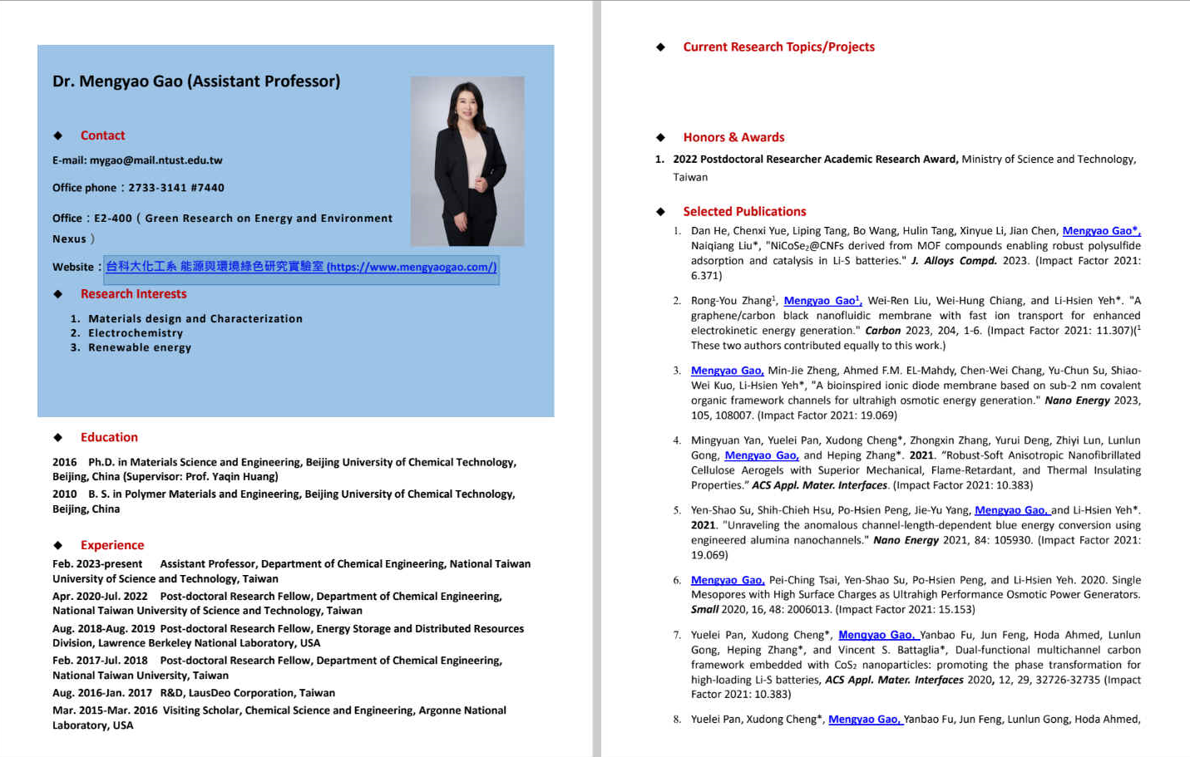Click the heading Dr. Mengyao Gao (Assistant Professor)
[196, 81]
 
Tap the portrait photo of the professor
[467, 161]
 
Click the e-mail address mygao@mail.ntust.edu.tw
[156, 160]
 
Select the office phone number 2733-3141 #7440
[176, 188]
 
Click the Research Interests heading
[133, 294]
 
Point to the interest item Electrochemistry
[136, 333]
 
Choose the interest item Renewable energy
[140, 347]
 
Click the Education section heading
[109, 437]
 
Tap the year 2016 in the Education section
[65, 462]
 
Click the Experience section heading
[112, 545]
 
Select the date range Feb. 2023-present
[97, 564]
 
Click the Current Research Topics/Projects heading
[778, 47]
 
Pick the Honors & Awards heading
[733, 137]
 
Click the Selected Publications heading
[744, 212]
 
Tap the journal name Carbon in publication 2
[882, 331]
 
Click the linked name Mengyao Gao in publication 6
[727, 580]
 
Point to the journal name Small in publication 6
[704, 610]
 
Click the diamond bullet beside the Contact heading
[58, 135]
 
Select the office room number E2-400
[113, 219]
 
